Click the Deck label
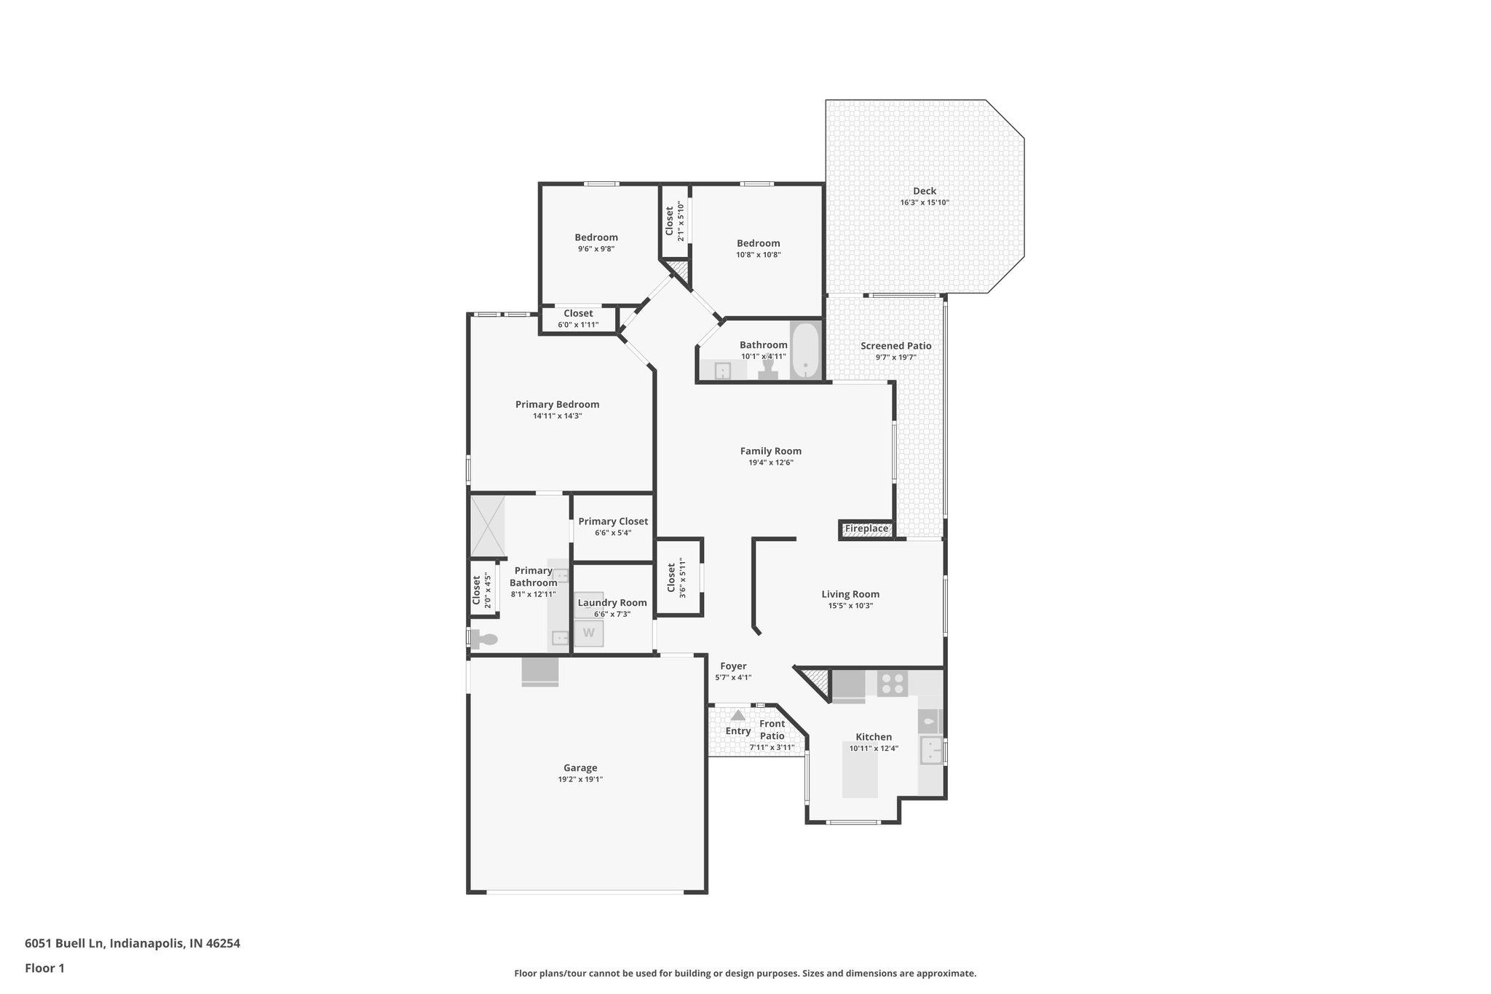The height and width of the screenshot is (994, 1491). coord(924,192)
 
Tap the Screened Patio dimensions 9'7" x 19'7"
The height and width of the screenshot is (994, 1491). coord(895,358)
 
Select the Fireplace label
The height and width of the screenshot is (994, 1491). coord(866,529)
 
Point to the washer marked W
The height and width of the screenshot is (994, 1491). coord(588,633)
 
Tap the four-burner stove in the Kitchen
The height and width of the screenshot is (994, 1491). coord(893,684)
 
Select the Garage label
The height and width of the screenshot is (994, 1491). coord(580,768)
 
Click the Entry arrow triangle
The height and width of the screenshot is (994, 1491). coord(737,716)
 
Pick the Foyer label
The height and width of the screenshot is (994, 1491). coord(733,666)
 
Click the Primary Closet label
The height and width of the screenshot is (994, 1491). coord(613,521)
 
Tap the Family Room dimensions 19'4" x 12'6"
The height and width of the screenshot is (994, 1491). coord(770,462)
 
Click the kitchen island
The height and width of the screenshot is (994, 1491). coord(860,770)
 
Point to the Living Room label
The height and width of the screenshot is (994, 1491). coord(850,594)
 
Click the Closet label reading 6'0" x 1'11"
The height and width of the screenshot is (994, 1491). coord(578,314)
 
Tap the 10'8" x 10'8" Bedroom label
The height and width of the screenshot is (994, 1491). coord(758,243)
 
